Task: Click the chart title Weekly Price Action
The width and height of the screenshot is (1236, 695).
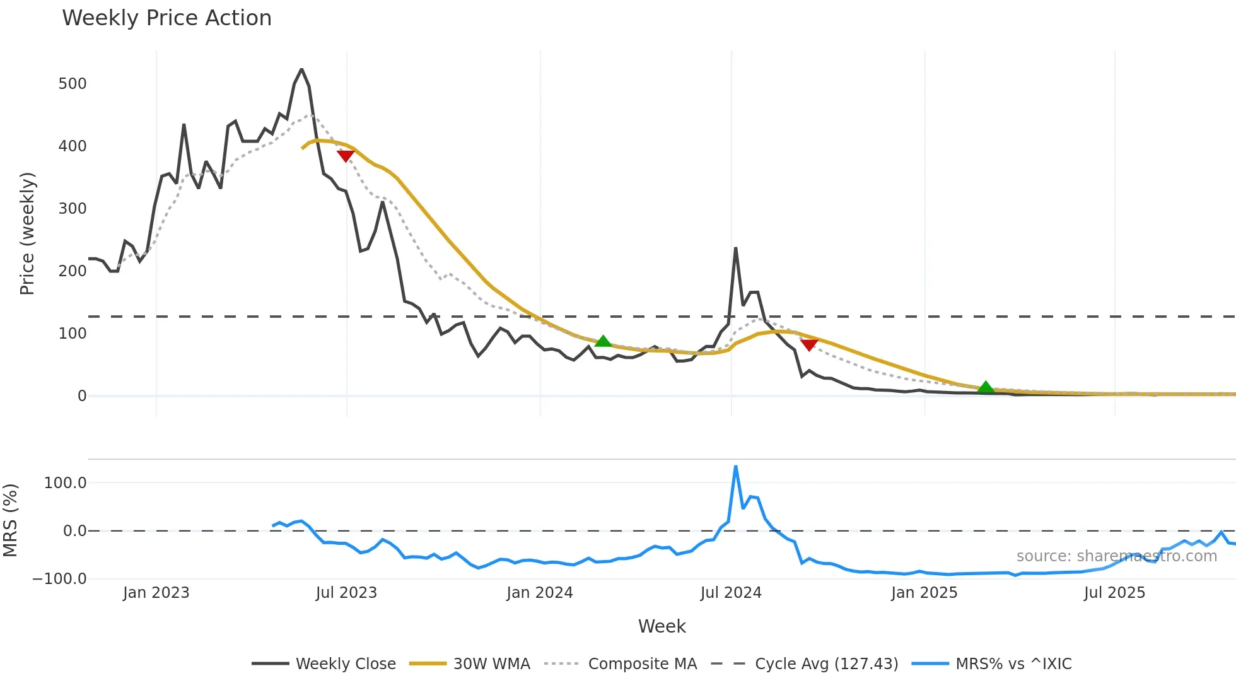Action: [x=166, y=18]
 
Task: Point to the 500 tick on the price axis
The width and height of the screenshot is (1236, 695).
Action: [x=73, y=84]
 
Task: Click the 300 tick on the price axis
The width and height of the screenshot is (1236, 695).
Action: [x=73, y=209]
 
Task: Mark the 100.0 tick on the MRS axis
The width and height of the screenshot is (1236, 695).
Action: [x=66, y=483]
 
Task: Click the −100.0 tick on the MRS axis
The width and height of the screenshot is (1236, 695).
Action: [x=60, y=579]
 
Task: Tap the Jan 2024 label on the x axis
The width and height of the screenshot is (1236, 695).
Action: [x=540, y=593]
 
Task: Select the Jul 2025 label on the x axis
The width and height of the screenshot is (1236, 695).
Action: [x=1114, y=593]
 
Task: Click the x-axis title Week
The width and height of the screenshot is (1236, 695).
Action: [x=662, y=626]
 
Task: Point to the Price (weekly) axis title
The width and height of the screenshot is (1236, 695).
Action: [x=27, y=233]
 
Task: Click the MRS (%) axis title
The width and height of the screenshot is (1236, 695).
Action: [x=10, y=520]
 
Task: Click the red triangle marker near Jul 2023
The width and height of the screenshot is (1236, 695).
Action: [x=346, y=155]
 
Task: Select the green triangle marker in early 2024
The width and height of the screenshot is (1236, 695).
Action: [x=603, y=341]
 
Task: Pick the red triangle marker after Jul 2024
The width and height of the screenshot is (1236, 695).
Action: [x=809, y=344]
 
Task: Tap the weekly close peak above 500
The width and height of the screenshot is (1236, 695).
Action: [x=301, y=69]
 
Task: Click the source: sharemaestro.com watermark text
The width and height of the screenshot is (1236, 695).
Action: [x=1116, y=556]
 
